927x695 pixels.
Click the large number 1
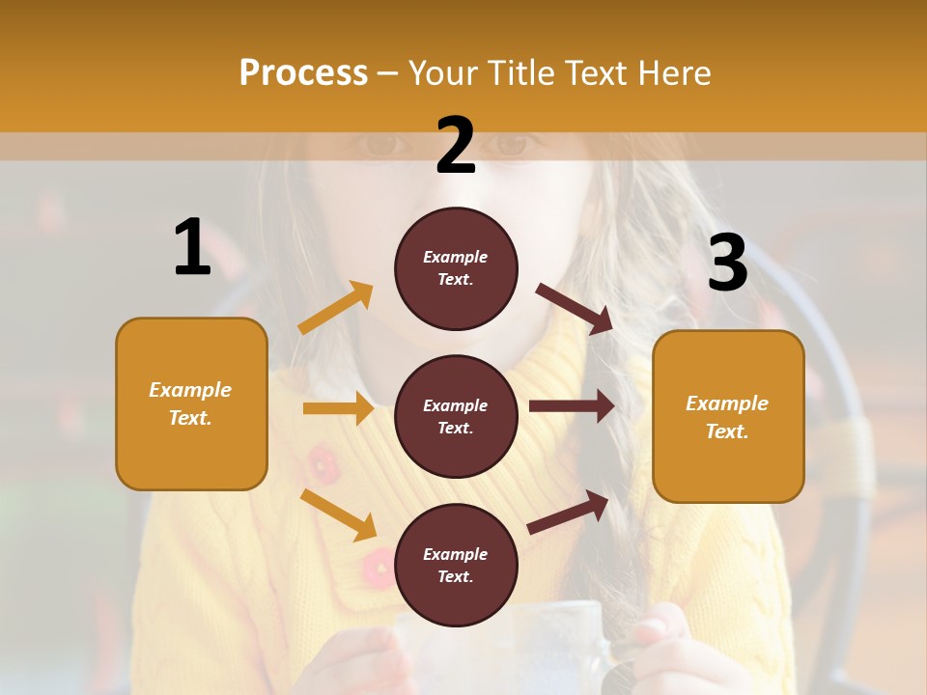[192, 247]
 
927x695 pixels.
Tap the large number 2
[456, 146]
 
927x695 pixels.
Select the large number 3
[727, 263]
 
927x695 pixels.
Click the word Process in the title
[303, 72]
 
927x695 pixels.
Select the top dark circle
[456, 268]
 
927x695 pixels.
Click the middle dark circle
[456, 416]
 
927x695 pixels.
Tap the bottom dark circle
[456, 565]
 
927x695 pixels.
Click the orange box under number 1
[191, 403]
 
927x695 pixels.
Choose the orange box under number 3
[728, 416]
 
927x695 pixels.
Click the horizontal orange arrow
[338, 408]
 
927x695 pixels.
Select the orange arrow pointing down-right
[339, 514]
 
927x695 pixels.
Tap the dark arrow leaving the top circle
[576, 309]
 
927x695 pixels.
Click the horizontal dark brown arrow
[572, 406]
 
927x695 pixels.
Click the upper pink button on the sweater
[323, 463]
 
